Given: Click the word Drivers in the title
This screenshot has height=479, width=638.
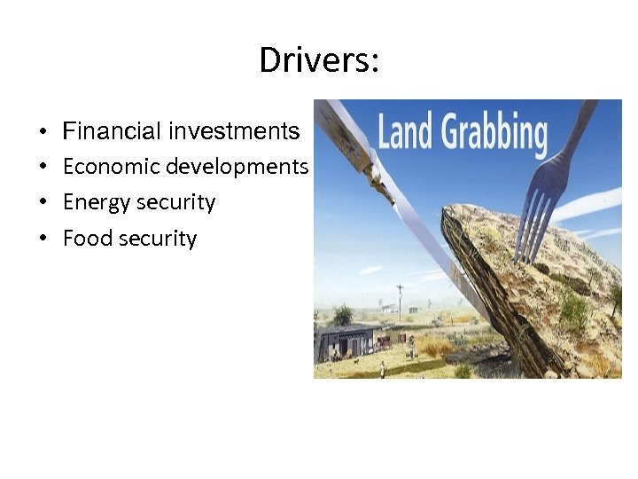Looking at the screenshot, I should coord(315,60).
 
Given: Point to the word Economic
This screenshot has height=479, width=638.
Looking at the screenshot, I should coord(111,167).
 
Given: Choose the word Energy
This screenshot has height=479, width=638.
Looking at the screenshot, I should coord(88,202).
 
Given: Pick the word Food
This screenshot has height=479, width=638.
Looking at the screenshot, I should coord(84,238).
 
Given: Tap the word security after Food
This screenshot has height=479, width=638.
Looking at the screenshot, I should coord(157,239).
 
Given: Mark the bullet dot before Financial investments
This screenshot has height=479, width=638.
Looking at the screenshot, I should coord(43,133).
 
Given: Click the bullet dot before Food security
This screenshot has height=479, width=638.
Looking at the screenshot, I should coord(43,239).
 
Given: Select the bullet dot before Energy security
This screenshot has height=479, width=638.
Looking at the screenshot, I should coord(43,204).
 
